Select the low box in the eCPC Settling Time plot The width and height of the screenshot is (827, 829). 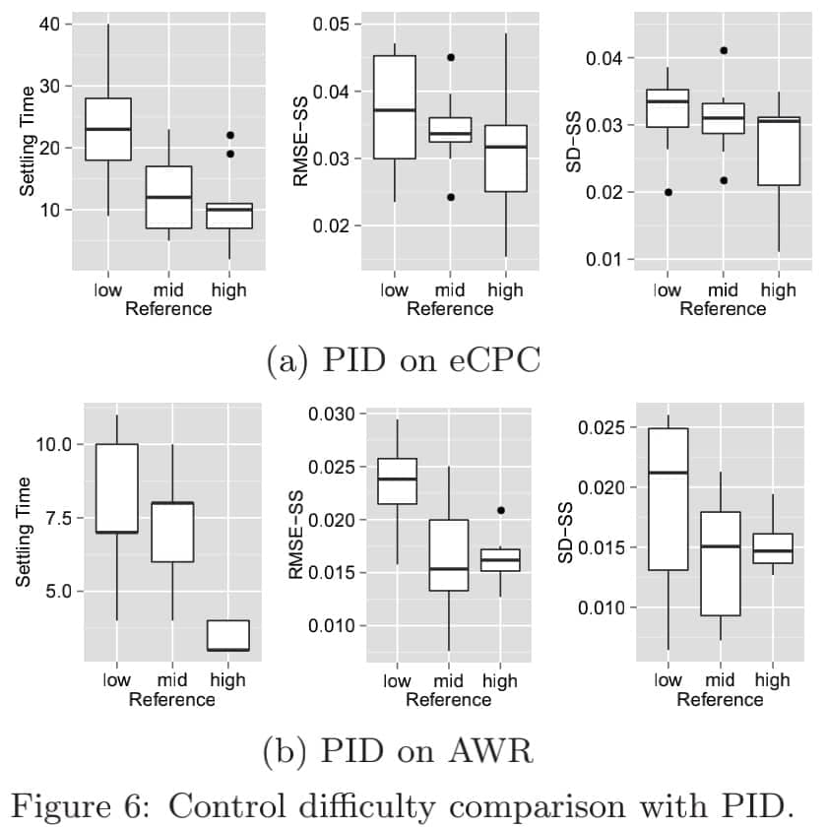click(108, 129)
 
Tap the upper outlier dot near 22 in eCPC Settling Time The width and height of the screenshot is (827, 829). click(229, 135)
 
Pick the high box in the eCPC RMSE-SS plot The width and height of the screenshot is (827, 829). click(506, 159)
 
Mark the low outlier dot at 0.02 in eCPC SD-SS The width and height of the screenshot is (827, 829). click(668, 192)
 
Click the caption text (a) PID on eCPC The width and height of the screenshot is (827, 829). click(404, 360)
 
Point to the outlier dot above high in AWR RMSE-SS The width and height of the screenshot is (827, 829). click(500, 510)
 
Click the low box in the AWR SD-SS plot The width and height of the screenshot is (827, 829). click(668, 498)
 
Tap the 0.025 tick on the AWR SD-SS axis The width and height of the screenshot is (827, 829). click(607, 428)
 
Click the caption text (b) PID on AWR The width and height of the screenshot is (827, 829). click(399, 753)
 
